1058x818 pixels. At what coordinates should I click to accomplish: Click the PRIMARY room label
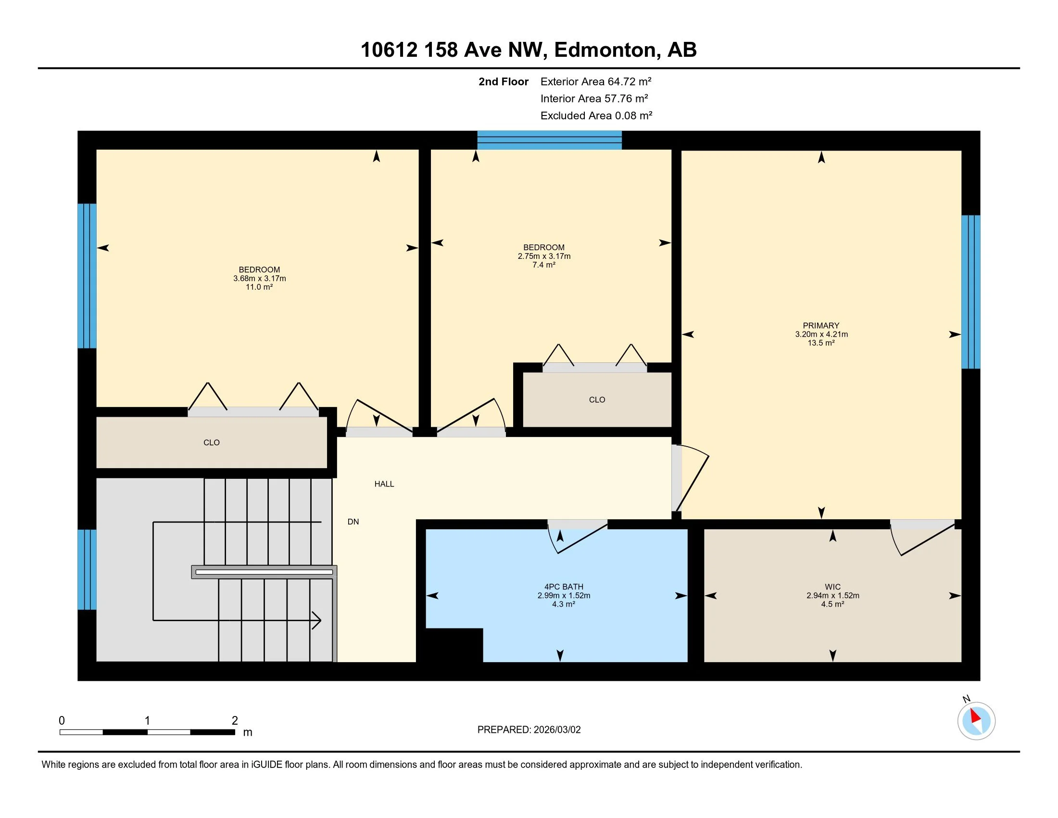pos(820,326)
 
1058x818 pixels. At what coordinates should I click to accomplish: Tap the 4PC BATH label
pos(564,587)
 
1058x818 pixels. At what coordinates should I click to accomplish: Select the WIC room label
pos(833,587)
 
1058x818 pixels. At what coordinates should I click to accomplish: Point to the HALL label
pos(384,484)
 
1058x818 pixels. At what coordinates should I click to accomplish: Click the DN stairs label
pos(353,522)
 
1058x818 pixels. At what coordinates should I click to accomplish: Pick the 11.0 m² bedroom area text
pos(259,287)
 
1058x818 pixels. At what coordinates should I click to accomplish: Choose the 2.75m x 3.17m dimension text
pos(544,256)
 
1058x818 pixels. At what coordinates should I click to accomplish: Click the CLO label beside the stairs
pos(212,442)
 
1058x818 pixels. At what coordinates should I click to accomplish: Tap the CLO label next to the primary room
pos(597,400)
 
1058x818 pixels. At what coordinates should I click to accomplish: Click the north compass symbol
pos(976,721)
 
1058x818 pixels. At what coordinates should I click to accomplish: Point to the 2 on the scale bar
pos(235,721)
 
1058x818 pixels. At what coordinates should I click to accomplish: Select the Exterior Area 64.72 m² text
pos(596,81)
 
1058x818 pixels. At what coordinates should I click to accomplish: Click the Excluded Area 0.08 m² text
pos(596,115)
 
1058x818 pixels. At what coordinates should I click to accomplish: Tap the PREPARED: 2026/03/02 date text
pos(529,730)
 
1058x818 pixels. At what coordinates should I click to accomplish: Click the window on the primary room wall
pos(970,292)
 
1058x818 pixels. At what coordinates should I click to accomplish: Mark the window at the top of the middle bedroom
pos(549,140)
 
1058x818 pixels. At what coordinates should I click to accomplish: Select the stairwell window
pos(87,569)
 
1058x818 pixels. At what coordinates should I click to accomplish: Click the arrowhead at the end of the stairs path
pos(316,620)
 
